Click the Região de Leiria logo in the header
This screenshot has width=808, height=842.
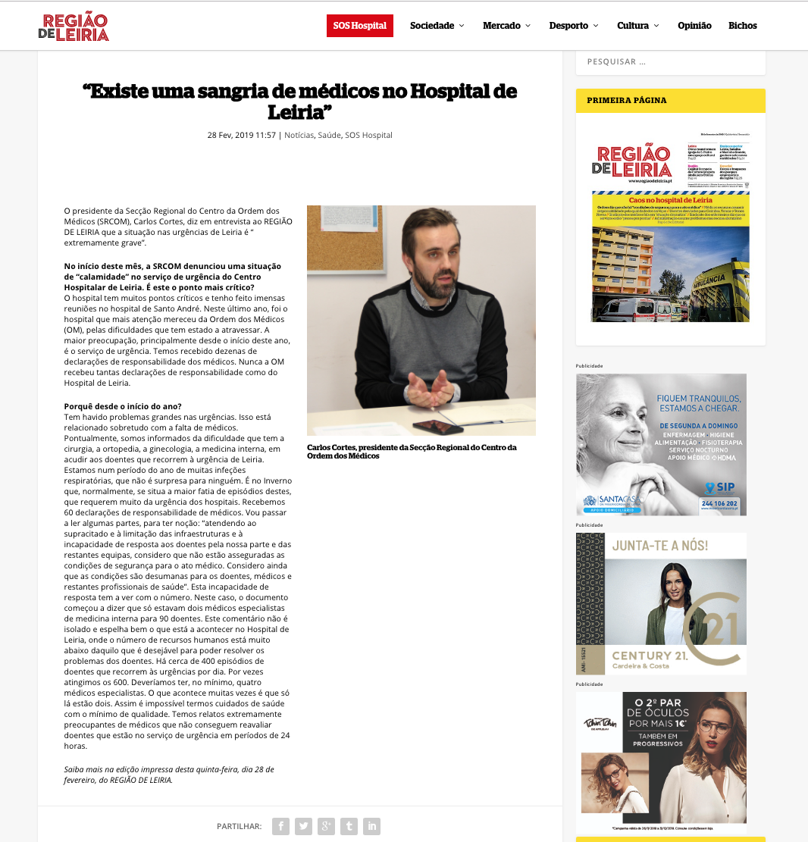pos(74,27)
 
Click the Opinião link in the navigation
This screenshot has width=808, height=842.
pos(694,26)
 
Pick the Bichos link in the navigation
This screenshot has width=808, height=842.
pos(742,26)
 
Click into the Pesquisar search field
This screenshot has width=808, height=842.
pos(670,61)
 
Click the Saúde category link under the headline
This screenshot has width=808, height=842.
pos(329,136)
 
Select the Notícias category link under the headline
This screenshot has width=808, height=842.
pos(299,136)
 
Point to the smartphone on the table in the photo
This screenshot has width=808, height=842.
pos(437,427)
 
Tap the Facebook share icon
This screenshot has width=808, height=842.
pos(280,826)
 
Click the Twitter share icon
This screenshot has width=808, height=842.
pos(303,826)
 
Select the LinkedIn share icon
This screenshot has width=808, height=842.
pos(371,826)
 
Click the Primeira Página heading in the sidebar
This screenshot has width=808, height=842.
pos(627,100)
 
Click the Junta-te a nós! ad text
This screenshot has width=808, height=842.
pos(659,546)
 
